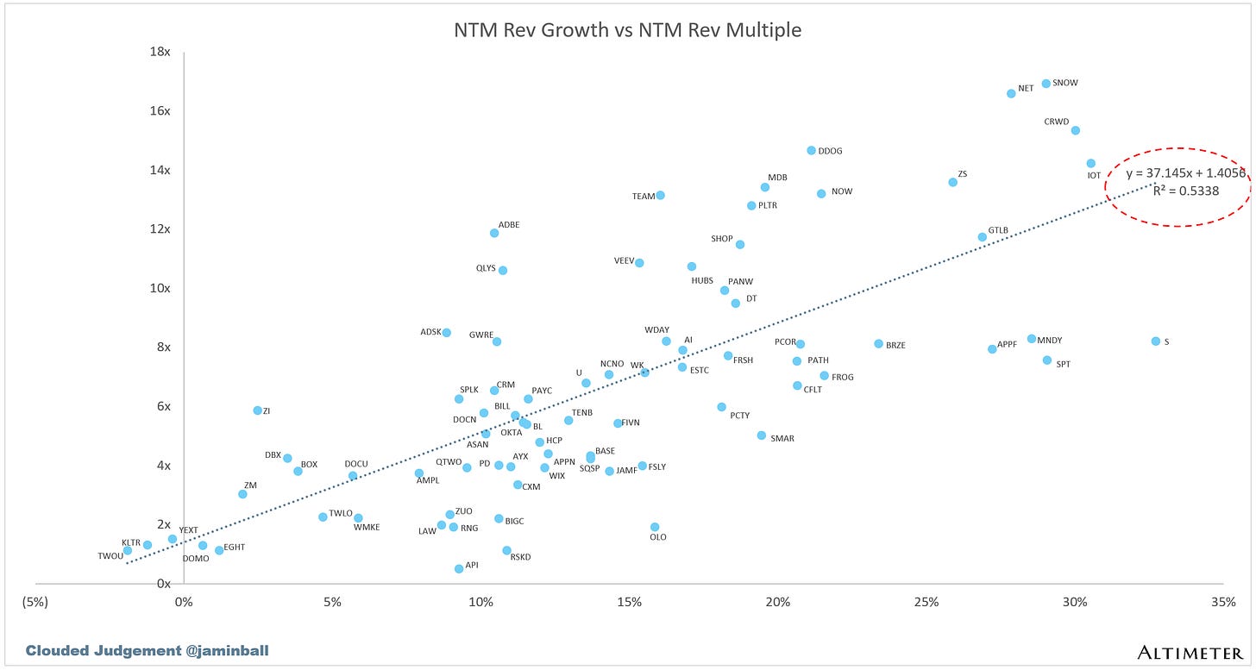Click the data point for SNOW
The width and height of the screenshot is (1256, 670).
tap(1046, 84)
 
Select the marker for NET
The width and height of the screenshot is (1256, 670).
tap(1011, 93)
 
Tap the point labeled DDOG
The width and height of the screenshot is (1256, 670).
tap(811, 151)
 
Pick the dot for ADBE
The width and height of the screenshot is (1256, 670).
tap(494, 233)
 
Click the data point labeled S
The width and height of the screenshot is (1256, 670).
tap(1155, 341)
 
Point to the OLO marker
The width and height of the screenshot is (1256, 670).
tap(655, 527)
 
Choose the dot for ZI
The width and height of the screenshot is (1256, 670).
tap(257, 410)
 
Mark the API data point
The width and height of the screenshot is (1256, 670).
tap(459, 568)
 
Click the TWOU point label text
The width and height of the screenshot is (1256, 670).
tap(110, 556)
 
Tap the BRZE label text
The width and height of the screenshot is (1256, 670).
tap(895, 345)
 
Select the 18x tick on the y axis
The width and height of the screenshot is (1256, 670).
tap(160, 52)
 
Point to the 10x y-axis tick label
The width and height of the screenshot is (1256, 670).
tap(160, 288)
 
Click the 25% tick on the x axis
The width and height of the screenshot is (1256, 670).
tap(926, 600)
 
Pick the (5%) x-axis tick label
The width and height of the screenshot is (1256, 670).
tap(35, 600)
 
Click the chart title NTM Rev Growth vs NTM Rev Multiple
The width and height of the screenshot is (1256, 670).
tap(627, 30)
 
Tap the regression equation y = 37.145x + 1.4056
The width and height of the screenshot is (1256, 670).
tap(1184, 173)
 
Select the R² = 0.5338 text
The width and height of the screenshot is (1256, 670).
tap(1186, 191)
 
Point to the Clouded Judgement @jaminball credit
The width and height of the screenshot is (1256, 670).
tap(148, 650)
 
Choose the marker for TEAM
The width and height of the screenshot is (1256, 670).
tap(660, 196)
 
